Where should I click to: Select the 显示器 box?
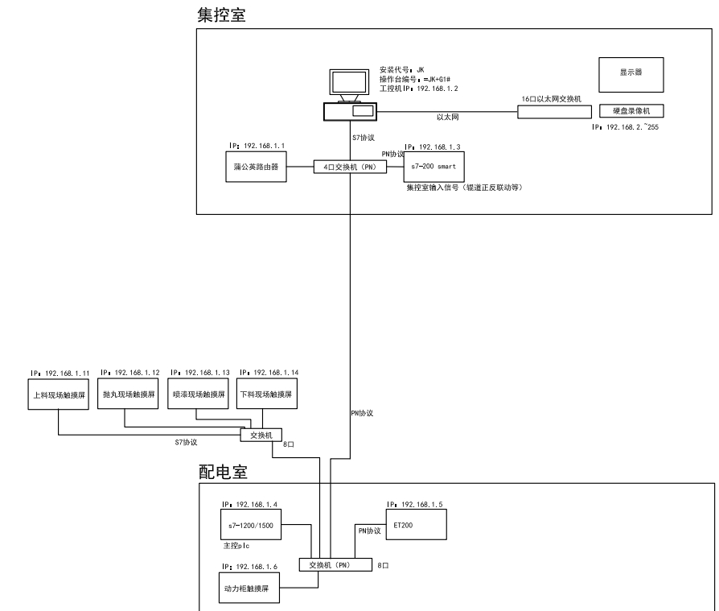pos(630,72)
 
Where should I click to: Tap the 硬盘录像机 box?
pos(630,110)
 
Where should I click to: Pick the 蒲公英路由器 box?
pos(250,167)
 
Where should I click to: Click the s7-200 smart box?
pos(435,167)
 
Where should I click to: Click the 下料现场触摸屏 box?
pos(266,396)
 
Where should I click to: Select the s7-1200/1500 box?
pos(250,525)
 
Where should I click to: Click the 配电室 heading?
pos(223,473)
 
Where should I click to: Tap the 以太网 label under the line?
pos(446,118)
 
